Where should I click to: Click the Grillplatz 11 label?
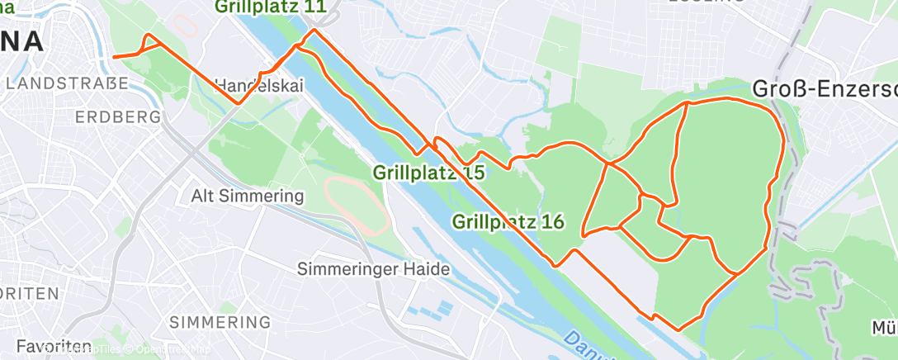[x=270, y=7]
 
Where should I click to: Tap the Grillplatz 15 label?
[x=428, y=173]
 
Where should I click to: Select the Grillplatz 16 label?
[x=508, y=221]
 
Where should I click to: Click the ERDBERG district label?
[x=117, y=117]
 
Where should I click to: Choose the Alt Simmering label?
[x=248, y=197]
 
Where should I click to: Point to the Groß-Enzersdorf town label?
[x=825, y=88]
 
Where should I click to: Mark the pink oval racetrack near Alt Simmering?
[x=357, y=203]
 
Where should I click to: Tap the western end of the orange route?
[x=113, y=57]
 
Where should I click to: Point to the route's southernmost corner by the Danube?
[x=678, y=329]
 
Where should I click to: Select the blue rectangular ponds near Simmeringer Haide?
[x=429, y=311]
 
